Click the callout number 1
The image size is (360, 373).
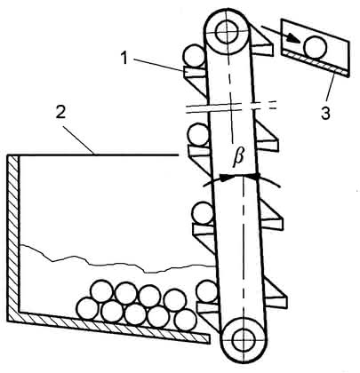coord(125,58)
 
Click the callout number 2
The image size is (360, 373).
coord(60,112)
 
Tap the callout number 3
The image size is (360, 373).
coord(325,113)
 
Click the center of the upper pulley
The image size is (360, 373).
coord(227,31)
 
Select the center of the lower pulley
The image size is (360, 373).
coord(244,341)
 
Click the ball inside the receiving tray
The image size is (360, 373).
coord(316,46)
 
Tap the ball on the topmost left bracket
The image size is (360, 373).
coord(194,55)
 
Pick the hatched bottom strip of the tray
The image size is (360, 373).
coord(314,62)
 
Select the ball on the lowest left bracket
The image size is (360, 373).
coord(207,291)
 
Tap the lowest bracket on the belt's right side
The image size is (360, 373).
coord(275,295)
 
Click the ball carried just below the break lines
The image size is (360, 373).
coord(198,134)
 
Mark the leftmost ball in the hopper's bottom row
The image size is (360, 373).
coord(87,308)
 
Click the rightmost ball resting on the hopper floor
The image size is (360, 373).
coord(186,321)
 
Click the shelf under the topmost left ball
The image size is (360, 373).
coord(195,72)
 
